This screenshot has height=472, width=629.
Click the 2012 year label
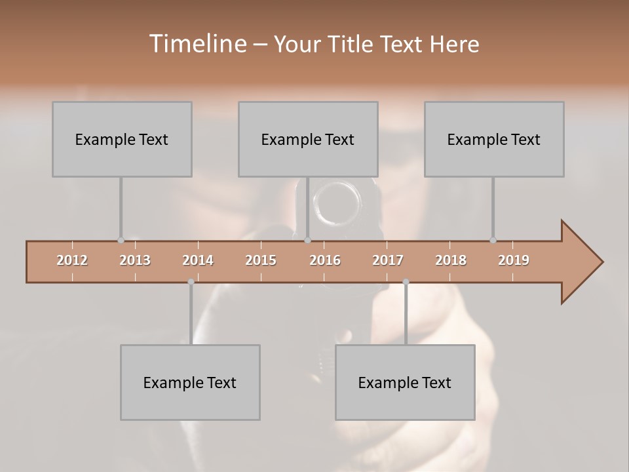pos(72,260)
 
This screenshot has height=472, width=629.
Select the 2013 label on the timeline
pos(135,260)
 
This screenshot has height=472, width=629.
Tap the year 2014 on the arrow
pos(198,260)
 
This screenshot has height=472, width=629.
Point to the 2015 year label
pos(261,260)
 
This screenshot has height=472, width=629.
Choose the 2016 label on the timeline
pos(325,260)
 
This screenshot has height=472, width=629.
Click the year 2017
pos(388,260)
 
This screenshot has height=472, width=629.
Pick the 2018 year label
pos(451,260)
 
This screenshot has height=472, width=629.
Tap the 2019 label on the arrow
pos(514,260)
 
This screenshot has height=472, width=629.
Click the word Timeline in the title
pos(197,44)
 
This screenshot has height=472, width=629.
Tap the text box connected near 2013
pos(122,139)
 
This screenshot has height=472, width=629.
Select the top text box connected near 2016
pos(308,139)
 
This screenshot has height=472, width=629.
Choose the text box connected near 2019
pos(494,139)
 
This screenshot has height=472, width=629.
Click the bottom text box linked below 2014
pos(190,382)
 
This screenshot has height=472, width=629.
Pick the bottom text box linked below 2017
pos(405,382)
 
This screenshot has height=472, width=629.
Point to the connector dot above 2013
pos(121,241)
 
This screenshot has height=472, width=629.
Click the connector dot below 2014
pos(191,282)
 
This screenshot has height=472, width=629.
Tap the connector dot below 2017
pos(406,282)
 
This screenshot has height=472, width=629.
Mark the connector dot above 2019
pos(493,241)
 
